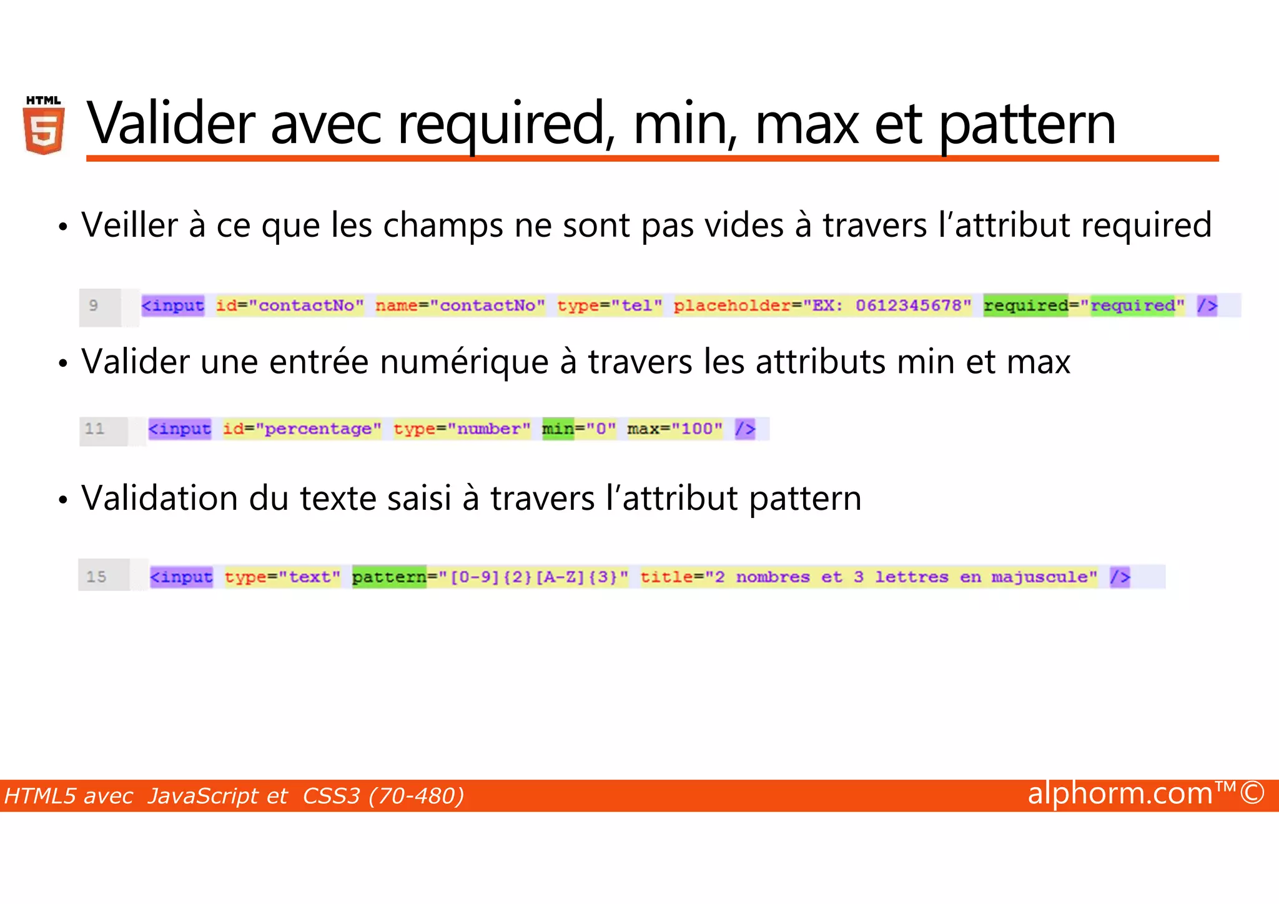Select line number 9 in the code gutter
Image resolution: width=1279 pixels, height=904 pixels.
coord(94,305)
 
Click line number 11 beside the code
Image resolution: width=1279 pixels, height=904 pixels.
coord(95,429)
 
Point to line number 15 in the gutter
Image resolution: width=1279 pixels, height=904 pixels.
coord(96,577)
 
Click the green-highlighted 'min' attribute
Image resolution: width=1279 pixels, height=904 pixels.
coord(558,429)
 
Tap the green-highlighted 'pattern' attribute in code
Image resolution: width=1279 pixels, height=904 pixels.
coord(388,577)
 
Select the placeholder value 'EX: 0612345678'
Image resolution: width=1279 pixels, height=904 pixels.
coord(887,305)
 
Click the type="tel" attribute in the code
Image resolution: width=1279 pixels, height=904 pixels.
coord(609,305)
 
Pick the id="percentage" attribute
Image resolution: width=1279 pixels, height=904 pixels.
coord(302,429)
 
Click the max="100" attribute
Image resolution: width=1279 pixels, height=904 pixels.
coord(674,429)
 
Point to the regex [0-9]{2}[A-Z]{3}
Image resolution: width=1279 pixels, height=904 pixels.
coord(533,577)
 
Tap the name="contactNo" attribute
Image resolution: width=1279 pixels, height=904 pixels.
coord(460,305)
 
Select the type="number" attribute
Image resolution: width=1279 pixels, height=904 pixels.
coord(462,429)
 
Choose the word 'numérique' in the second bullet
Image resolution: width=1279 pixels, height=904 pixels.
coord(464,362)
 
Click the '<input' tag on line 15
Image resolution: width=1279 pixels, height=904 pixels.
coord(181,577)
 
